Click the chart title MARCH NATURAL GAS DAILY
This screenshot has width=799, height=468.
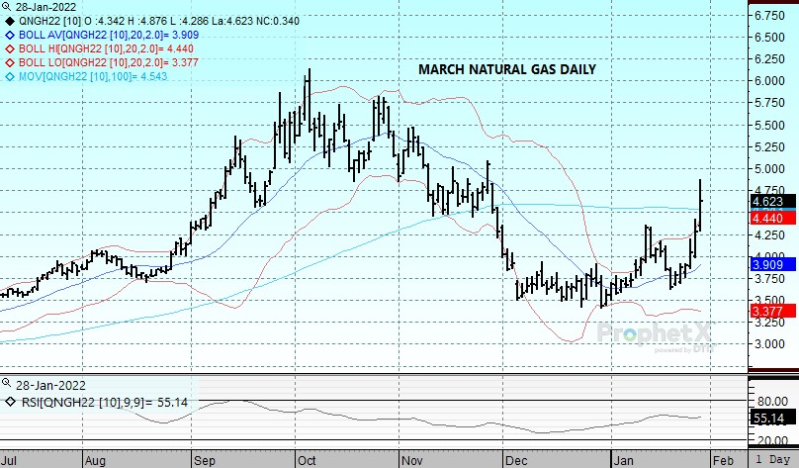(507, 70)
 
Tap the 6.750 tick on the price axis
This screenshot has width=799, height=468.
(771, 16)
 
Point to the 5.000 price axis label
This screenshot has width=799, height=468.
(771, 169)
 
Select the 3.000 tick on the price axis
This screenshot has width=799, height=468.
(771, 344)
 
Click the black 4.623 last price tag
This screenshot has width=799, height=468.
(769, 201)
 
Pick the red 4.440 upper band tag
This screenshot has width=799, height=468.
(769, 217)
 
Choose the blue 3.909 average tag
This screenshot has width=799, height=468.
(769, 264)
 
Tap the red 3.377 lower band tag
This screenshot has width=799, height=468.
(769, 311)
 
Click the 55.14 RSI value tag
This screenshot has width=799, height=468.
(769, 420)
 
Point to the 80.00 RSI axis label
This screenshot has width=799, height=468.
(771, 401)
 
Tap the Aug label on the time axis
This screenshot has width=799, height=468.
(95, 460)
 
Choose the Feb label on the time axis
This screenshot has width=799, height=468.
(724, 460)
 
